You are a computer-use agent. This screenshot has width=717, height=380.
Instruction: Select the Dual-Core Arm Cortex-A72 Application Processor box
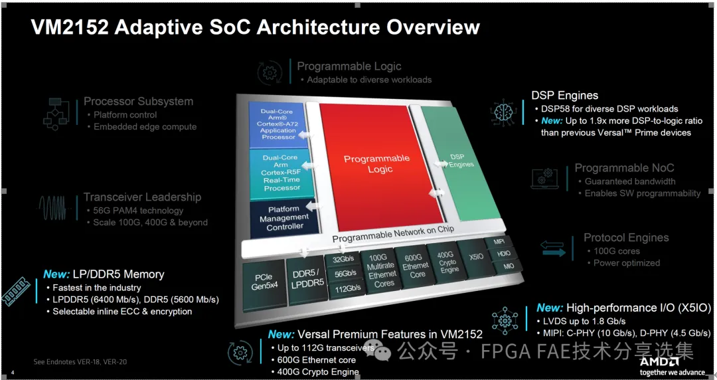[x=278, y=124]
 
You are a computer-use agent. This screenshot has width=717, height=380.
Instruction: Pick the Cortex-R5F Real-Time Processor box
[x=281, y=173]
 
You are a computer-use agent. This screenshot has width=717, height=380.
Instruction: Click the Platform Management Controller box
[x=284, y=218]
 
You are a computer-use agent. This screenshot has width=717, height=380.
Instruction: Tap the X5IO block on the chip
[x=475, y=256]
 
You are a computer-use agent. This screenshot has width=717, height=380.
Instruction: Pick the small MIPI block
[x=499, y=242]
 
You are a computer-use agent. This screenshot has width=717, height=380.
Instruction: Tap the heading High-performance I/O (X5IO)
[x=638, y=308]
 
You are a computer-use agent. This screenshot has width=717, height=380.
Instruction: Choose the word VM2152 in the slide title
[x=68, y=27]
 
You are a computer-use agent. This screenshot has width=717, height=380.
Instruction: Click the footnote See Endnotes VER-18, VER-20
[x=80, y=361]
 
